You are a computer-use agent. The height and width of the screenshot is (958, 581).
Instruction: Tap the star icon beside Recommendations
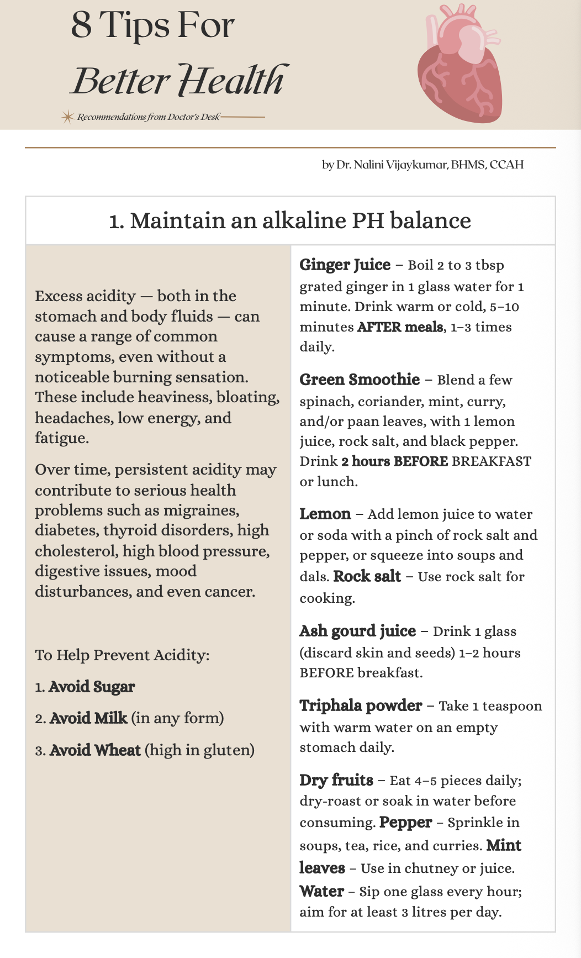pos(67,117)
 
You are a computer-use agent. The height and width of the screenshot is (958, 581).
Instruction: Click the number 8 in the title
pos(81,25)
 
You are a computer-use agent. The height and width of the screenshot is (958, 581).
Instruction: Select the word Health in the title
pos(232,80)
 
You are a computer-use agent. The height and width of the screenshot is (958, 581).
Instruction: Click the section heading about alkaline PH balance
pos(290,220)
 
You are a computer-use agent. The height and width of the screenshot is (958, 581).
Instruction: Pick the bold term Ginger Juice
pos(345,265)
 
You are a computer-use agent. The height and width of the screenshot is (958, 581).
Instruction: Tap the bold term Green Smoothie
pos(360,380)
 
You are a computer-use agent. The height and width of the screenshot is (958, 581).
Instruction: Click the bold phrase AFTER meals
pos(400,327)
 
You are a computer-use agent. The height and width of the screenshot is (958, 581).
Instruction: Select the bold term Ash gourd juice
pos(357,631)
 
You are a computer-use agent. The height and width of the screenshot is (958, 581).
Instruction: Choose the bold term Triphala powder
pos(361,706)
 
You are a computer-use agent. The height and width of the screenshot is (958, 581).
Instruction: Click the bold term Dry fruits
pos(336,780)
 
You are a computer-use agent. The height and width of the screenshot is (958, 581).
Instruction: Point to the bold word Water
pos(321,891)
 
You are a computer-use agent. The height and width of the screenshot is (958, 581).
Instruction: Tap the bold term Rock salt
pos(367,576)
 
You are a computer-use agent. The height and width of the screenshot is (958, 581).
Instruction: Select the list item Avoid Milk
pos(88,718)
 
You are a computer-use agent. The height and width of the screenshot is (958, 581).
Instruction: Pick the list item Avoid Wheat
pos(95,750)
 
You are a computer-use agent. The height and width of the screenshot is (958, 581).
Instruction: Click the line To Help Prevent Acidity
pos(122,655)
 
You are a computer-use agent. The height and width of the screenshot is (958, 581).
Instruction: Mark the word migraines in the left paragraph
pos(204,510)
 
